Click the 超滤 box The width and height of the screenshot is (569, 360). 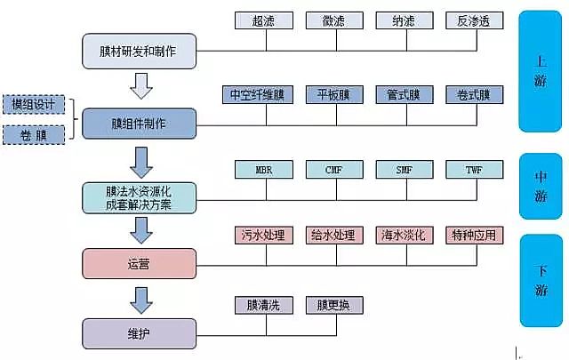tap(263, 20)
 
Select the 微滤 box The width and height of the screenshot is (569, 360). tap(333, 20)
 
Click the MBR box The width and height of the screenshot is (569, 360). tap(263, 169)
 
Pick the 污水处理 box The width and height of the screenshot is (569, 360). tap(263, 236)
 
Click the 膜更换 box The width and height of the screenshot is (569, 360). tap(333, 305)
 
